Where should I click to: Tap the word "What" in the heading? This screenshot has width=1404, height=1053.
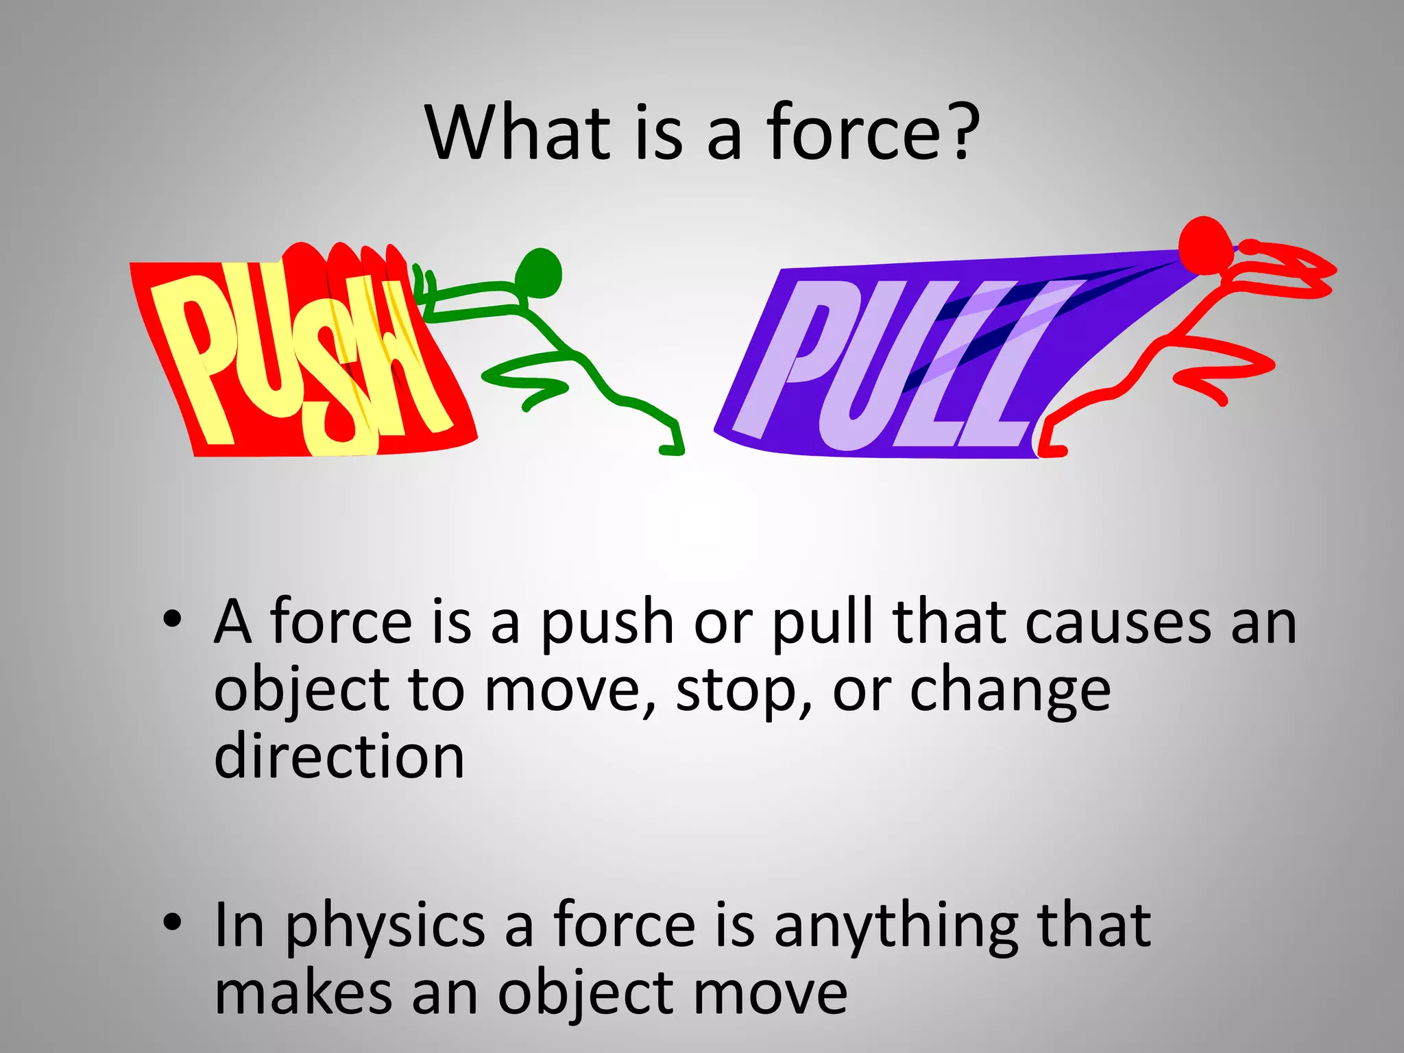point(518,132)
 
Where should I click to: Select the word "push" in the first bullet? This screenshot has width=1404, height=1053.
point(607,622)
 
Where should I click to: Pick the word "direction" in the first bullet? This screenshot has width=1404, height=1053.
point(339,756)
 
